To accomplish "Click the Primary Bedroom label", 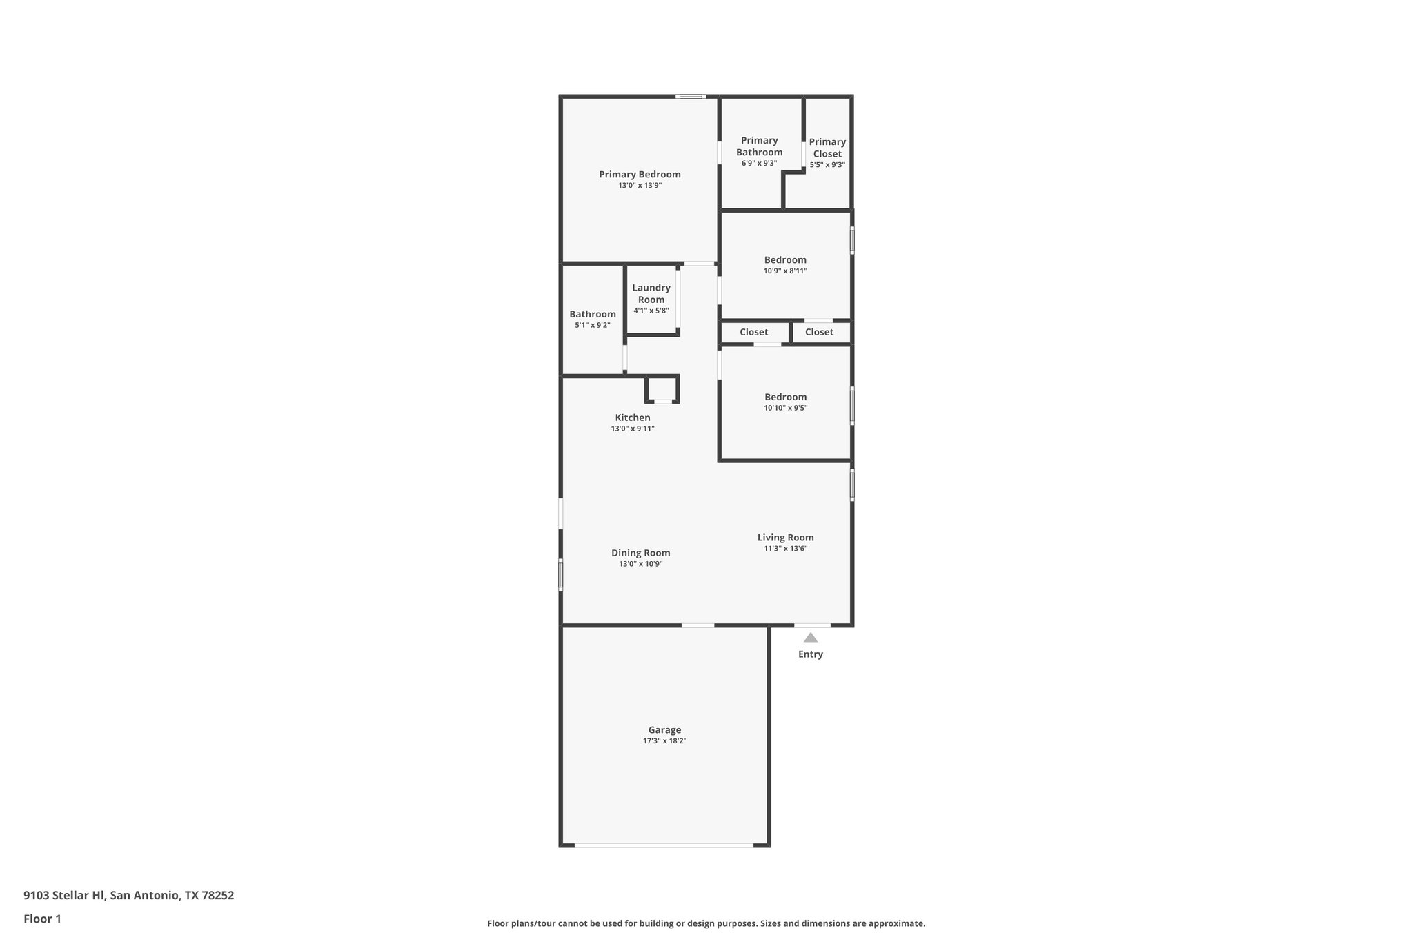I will click(640, 175).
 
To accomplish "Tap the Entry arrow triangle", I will click(810, 638).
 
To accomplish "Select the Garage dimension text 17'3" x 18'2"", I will click(664, 741).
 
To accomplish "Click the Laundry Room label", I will click(651, 293).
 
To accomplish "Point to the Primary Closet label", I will click(827, 148).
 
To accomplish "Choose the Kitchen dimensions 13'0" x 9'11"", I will click(633, 429).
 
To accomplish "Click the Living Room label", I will click(785, 538).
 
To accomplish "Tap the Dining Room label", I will click(640, 553).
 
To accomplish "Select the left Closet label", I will click(753, 332).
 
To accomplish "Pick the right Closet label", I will click(819, 332).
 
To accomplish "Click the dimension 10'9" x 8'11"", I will click(785, 271).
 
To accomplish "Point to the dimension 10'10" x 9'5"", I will click(785, 408).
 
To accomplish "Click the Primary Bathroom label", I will click(759, 146).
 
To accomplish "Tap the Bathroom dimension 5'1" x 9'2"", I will click(592, 325).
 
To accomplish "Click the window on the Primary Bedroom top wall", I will click(690, 97).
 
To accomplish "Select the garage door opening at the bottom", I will click(664, 845).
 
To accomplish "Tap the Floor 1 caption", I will click(42, 919).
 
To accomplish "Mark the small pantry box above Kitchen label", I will click(662, 389).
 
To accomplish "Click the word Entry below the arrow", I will click(810, 654).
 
